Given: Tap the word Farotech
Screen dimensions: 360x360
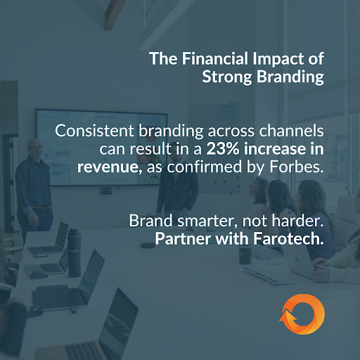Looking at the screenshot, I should [287, 239].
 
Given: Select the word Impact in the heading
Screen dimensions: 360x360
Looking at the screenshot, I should [285, 58].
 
